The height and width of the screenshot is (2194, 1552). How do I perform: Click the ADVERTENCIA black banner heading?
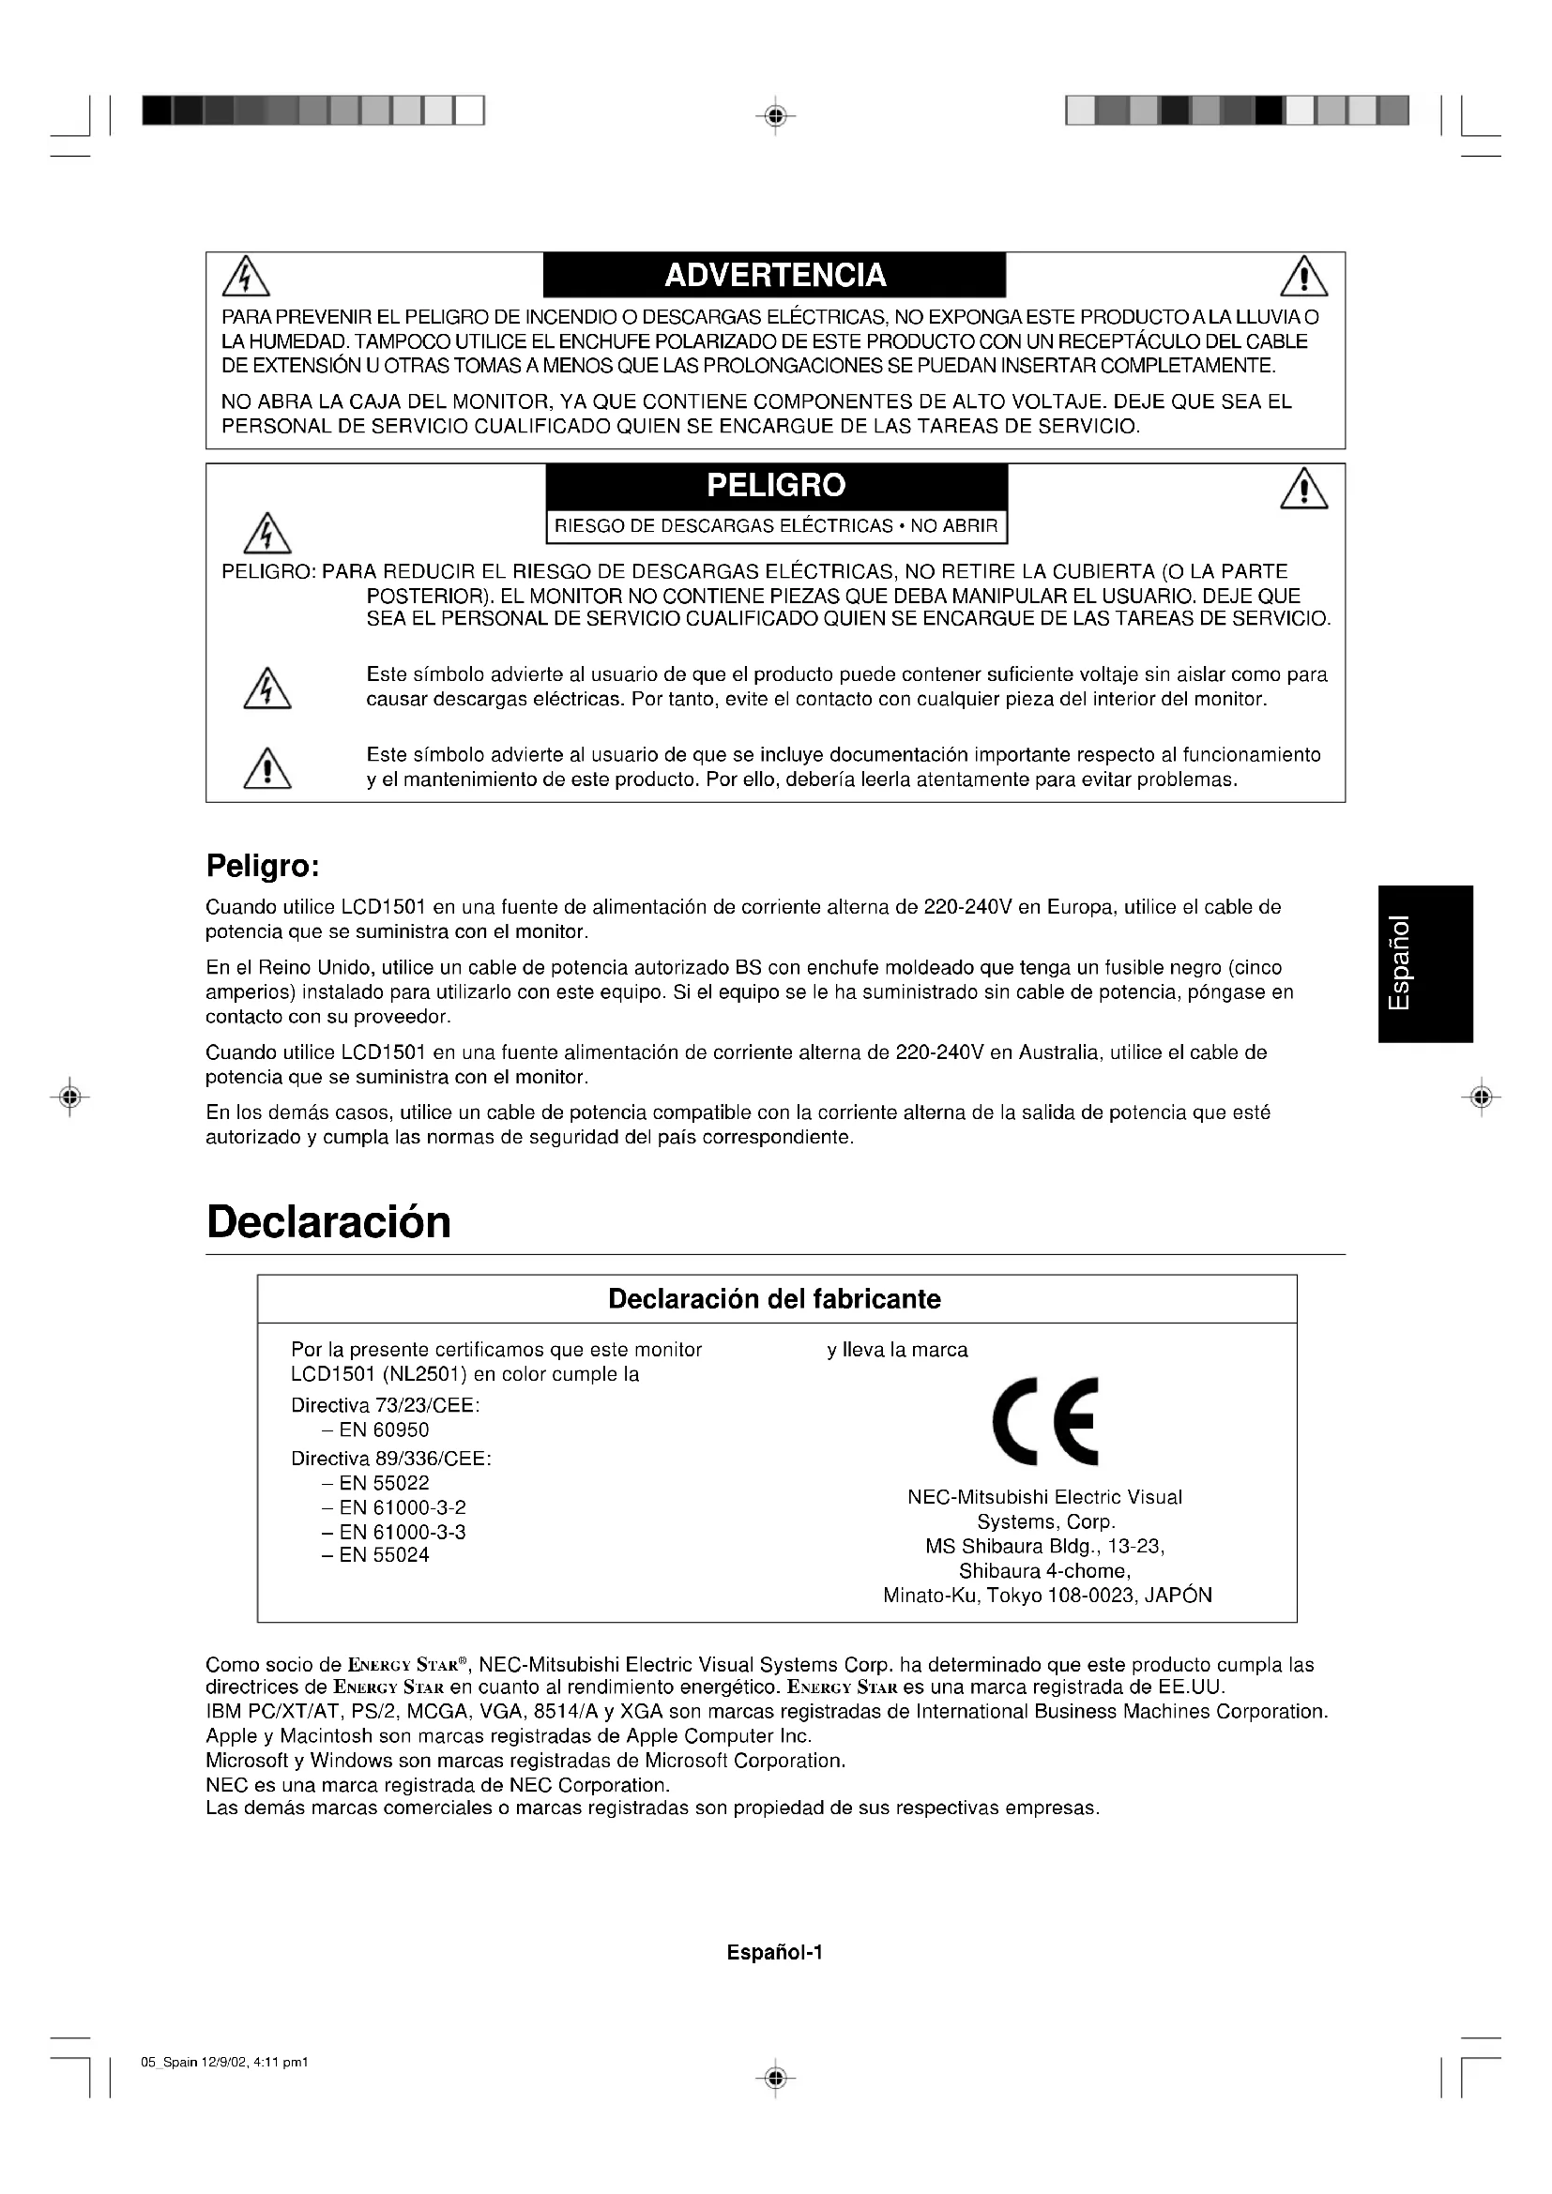[775, 275]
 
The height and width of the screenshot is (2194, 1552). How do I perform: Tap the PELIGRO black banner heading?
[776, 486]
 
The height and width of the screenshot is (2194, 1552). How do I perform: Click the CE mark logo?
[1045, 1422]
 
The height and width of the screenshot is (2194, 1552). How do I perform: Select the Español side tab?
[1425, 963]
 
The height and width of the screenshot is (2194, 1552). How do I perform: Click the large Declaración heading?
[328, 1222]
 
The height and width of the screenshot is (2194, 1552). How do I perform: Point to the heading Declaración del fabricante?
[774, 1298]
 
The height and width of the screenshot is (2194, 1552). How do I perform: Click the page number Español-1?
[774, 1952]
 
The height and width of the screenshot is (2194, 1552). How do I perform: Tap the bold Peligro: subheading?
[262, 867]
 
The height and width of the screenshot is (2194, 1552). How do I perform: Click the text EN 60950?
[383, 1430]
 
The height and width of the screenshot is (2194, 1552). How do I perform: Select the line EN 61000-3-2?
[402, 1508]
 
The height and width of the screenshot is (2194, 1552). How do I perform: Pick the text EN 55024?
[383, 1554]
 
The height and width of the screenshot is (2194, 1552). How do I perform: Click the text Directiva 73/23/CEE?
[385, 1406]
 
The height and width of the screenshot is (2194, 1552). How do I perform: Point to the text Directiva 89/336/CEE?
[391, 1460]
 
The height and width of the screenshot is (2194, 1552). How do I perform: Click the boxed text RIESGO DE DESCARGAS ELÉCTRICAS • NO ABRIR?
[776, 526]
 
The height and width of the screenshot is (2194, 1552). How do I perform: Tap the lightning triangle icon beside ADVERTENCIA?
[246, 276]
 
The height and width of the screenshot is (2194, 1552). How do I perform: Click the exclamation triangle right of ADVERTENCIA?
[1303, 278]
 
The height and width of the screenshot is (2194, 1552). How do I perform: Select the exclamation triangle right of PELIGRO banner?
[1303, 491]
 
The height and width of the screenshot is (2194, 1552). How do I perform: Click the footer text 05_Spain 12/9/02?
[224, 2062]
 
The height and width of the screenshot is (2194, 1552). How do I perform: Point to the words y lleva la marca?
[897, 1350]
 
